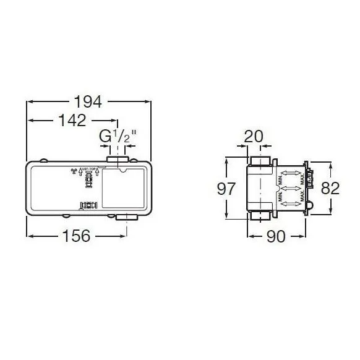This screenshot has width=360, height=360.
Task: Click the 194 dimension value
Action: [88, 101]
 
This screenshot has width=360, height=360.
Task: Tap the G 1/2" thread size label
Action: [116, 135]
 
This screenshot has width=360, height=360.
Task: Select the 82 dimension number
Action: [331, 188]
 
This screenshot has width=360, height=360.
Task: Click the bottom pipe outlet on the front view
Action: [129, 217]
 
